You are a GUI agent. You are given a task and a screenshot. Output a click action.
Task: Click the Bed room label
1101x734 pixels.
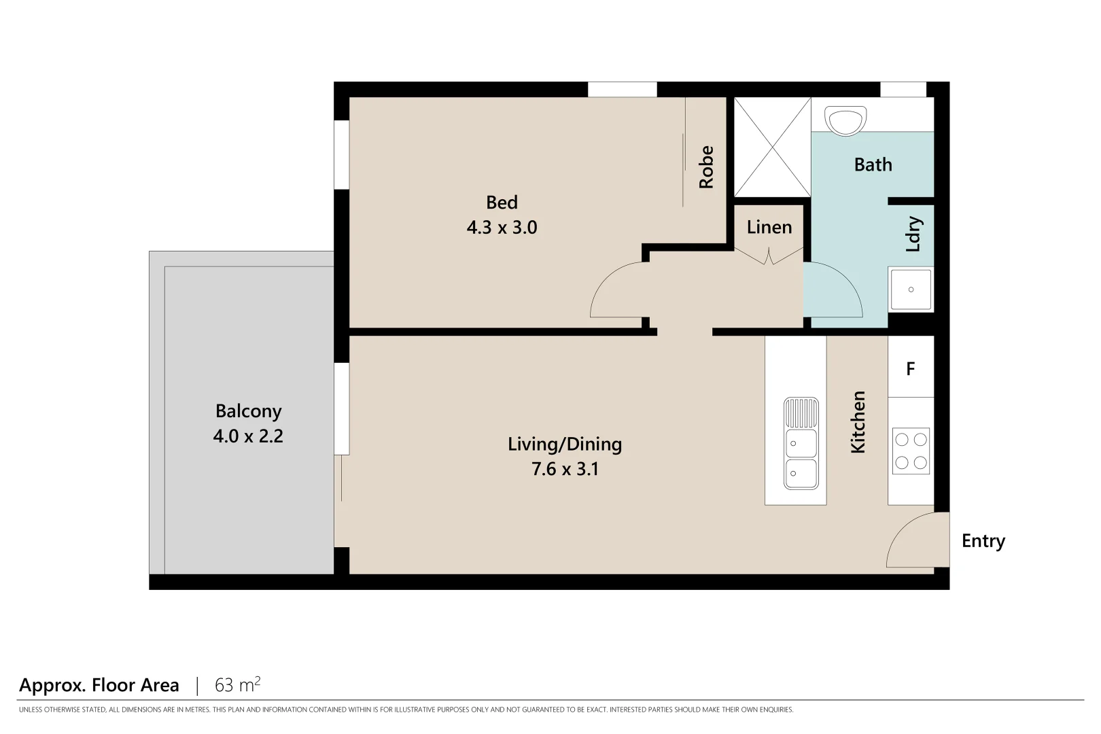point(502,203)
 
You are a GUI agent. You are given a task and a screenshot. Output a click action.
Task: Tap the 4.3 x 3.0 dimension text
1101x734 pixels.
point(502,228)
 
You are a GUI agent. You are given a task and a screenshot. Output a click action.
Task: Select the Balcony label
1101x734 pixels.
point(248,411)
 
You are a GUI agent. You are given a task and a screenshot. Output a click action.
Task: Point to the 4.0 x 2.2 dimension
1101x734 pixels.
point(248,436)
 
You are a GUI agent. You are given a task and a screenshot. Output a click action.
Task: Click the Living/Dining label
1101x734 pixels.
point(565,444)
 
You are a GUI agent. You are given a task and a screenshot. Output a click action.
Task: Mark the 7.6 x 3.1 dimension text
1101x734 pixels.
point(565,469)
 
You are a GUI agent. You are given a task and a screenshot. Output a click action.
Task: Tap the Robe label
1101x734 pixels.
point(707,167)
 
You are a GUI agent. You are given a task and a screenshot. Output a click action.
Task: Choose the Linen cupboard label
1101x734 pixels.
point(769,227)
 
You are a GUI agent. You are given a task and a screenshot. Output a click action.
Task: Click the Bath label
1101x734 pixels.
point(873,164)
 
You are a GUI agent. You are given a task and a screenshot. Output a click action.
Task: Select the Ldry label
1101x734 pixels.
point(913,234)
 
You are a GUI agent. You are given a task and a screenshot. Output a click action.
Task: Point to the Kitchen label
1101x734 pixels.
point(858,422)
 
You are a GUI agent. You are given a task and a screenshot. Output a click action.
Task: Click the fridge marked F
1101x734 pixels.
point(911,368)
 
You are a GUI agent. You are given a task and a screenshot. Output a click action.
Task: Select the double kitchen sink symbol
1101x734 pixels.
point(801,443)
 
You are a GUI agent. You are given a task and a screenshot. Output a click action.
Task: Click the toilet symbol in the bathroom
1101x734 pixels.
point(845,120)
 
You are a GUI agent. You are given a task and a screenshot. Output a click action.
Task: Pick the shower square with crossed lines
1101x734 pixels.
point(773,147)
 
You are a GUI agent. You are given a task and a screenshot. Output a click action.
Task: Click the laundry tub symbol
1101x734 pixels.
point(911,290)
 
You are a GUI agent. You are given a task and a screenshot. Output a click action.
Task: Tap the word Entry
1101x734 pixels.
point(983,541)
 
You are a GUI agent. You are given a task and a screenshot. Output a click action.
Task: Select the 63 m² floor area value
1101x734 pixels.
point(237,684)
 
